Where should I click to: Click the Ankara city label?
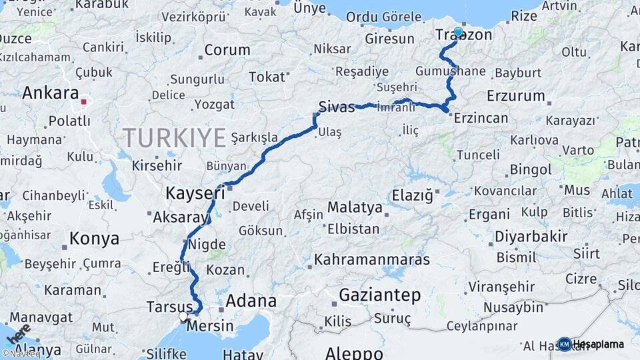click(50, 93)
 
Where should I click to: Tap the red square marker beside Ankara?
click(84, 102)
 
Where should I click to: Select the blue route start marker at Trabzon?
click(458, 32)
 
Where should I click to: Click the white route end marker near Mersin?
click(183, 316)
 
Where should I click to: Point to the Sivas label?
click(336, 107)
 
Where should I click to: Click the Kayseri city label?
click(195, 193)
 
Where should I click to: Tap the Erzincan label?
click(481, 118)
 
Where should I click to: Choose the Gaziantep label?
click(379, 294)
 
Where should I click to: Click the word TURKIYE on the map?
click(174, 138)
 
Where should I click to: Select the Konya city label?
click(95, 239)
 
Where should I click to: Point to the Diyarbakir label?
click(531, 237)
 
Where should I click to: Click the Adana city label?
click(251, 301)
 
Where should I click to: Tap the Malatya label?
click(355, 207)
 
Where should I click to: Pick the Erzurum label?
click(516, 95)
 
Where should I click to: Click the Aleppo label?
click(353, 353)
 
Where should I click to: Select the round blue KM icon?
click(564, 344)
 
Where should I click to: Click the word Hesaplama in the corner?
click(599, 344)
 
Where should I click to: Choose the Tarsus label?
click(169, 307)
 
